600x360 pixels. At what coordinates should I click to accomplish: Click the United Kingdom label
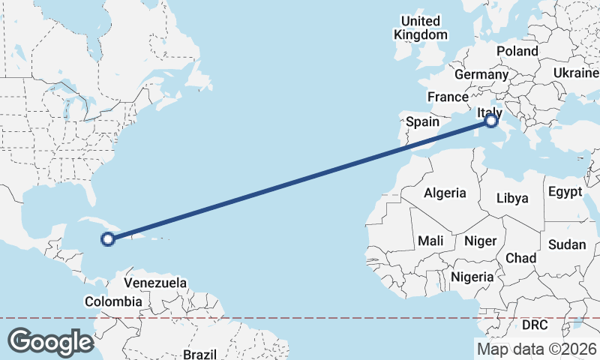420,28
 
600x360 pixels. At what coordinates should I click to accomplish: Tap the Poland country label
517,51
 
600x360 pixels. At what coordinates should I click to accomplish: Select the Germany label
481,75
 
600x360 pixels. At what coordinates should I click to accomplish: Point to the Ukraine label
575,72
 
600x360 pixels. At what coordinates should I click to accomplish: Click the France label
448,97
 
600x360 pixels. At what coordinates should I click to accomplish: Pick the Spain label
422,121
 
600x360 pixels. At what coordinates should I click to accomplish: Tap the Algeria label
445,193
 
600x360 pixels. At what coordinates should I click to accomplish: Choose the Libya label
514,198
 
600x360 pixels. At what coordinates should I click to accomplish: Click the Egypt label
565,191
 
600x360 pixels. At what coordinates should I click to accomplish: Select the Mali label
430,241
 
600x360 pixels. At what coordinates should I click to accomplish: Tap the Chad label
520,258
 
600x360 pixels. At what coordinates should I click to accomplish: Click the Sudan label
567,244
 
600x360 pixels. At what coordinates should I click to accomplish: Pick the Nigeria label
472,277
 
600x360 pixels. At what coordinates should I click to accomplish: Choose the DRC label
535,325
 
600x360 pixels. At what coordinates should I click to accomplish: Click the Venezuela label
155,283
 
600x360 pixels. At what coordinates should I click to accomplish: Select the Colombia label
112,301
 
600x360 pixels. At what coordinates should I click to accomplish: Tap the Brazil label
200,353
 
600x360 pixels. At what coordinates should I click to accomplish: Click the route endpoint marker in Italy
491,120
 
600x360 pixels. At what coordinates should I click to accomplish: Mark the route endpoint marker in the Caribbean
107,239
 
